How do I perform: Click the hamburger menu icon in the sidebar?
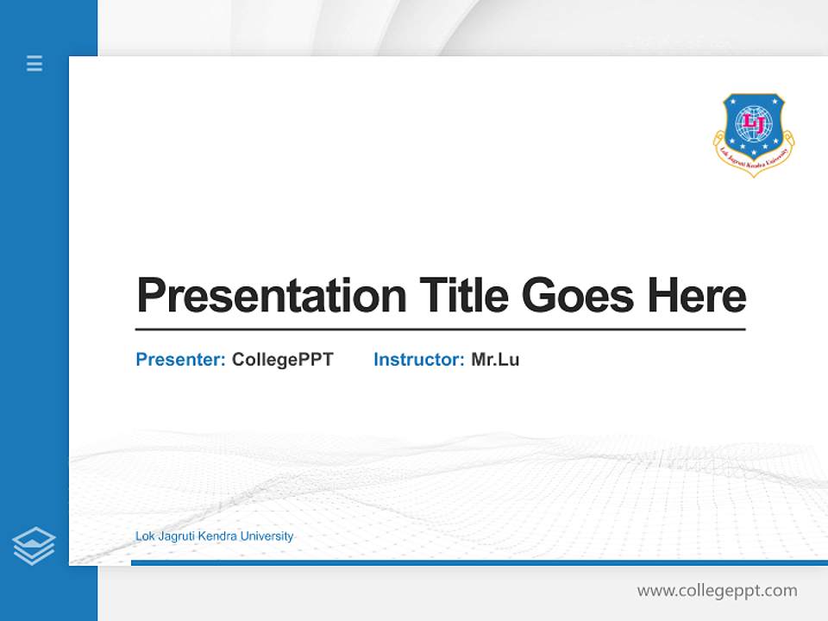click(34, 63)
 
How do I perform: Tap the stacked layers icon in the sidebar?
click(34, 546)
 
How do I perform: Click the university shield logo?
click(754, 134)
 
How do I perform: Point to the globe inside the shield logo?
click(754, 123)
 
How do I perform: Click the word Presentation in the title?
click(271, 296)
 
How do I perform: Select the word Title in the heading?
click(464, 296)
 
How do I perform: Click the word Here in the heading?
click(697, 296)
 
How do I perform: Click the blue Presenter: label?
click(180, 360)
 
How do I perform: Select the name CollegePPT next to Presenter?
click(282, 360)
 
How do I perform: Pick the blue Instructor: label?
click(418, 360)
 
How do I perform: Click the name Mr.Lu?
click(495, 360)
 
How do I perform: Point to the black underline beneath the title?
click(440, 329)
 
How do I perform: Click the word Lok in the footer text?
click(145, 536)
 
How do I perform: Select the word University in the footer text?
click(267, 536)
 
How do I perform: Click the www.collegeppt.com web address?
click(717, 591)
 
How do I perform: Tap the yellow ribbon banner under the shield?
click(754, 163)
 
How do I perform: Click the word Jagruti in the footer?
click(176, 536)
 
